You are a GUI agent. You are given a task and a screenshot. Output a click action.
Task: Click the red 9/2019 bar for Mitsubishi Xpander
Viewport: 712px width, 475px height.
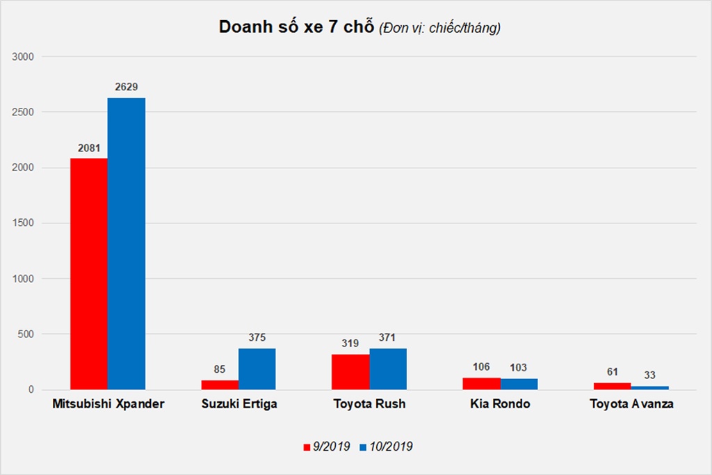[x=89, y=273]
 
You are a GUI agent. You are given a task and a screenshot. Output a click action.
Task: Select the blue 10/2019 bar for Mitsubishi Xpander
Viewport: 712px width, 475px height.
[x=127, y=243]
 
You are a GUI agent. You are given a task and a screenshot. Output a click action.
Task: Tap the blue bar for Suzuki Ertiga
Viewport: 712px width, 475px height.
[x=257, y=369]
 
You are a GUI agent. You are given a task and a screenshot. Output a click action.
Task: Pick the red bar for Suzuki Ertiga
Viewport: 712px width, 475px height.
[x=220, y=385]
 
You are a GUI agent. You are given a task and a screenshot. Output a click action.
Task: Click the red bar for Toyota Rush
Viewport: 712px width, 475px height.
[x=350, y=372]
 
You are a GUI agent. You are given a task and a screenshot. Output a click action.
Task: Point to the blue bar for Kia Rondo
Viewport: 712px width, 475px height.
[x=519, y=384]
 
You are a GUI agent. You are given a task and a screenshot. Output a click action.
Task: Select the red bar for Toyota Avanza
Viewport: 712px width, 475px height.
[x=612, y=386]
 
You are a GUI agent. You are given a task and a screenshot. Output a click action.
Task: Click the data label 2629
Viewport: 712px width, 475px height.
[x=127, y=87]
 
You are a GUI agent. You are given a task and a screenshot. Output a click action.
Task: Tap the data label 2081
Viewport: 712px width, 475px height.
[x=89, y=147]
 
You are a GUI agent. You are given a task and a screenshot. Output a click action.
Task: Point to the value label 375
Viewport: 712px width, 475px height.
[x=257, y=337]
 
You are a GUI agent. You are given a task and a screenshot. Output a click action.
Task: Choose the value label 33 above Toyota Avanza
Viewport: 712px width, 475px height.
[x=649, y=376]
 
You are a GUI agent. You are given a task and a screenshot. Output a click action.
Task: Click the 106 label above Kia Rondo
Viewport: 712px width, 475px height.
[x=481, y=367]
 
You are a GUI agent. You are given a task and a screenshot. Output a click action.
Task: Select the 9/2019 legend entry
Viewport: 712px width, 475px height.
[x=327, y=446]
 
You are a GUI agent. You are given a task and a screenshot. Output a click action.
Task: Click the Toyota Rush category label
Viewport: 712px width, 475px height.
[x=369, y=404]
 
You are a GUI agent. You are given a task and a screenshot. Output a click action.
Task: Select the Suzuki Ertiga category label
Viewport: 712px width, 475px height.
[x=238, y=404]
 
